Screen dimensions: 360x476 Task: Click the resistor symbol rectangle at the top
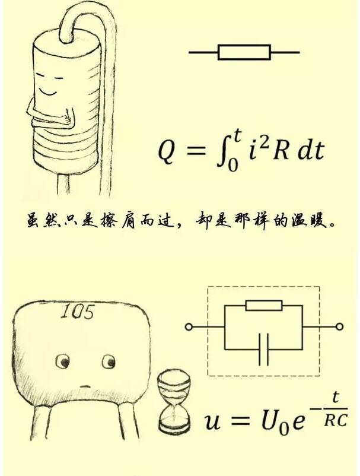click(x=244, y=52)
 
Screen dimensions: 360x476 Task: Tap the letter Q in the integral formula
click(x=167, y=152)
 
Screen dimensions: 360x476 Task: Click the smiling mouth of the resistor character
click(x=49, y=91)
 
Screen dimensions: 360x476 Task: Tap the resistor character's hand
click(x=68, y=119)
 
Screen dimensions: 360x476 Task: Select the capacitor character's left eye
click(x=62, y=361)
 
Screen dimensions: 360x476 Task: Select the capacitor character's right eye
click(x=109, y=361)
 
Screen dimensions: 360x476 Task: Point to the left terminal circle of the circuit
click(x=189, y=327)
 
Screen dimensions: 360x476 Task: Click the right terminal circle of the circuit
click(x=340, y=327)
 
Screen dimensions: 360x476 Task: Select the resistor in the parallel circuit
click(x=264, y=306)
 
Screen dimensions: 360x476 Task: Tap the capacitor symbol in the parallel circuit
click(x=263, y=350)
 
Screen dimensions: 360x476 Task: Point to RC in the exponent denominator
click(x=335, y=420)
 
